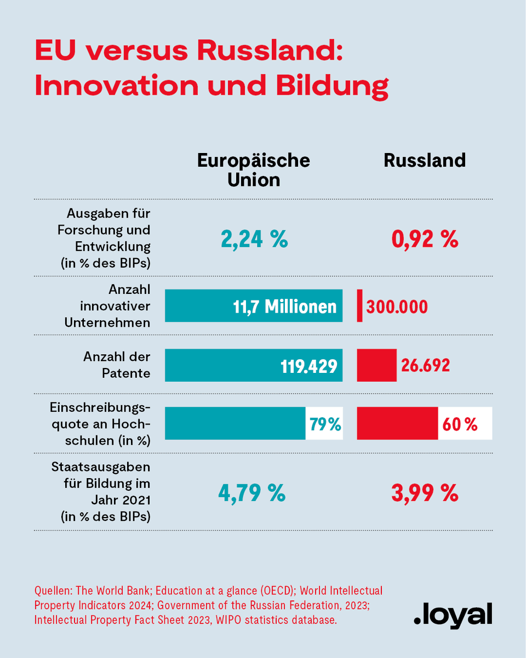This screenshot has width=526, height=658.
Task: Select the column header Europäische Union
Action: tap(253, 169)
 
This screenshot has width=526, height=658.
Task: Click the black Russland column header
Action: tap(425, 160)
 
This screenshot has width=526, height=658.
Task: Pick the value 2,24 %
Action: tap(254, 239)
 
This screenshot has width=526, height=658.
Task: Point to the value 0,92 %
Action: tap(425, 239)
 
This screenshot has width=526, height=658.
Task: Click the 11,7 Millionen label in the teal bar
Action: tap(284, 306)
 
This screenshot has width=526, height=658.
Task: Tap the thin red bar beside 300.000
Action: tap(359, 306)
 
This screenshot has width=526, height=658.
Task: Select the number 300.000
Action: tap(397, 307)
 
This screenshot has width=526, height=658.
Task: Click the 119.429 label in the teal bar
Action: tap(305, 365)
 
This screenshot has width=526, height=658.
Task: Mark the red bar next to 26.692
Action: tap(376, 365)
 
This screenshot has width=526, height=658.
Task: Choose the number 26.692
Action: tap(425, 365)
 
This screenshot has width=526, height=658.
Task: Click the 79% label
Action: tap(325, 424)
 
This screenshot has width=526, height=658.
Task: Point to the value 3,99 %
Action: tap(425, 493)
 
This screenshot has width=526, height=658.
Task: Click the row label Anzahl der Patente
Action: tap(117, 365)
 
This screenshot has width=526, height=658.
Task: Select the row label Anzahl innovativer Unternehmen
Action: tap(107, 306)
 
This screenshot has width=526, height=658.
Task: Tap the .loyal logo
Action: tap(453, 615)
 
